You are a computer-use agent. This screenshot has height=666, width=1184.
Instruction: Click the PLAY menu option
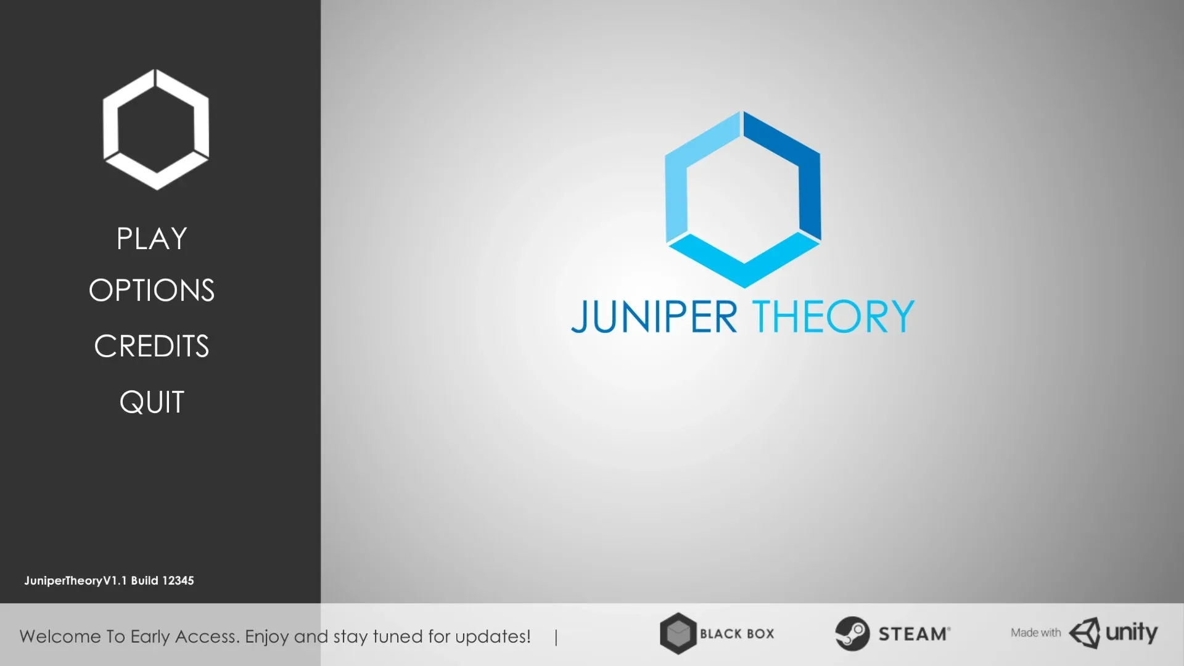[x=152, y=239]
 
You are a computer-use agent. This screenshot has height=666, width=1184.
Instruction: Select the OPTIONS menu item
[x=152, y=290]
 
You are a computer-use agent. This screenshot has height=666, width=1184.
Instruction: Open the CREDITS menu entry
[x=152, y=346]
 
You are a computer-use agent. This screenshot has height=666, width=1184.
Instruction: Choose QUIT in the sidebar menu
[x=152, y=402]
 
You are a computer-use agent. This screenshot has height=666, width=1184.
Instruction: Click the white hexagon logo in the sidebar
[x=156, y=129]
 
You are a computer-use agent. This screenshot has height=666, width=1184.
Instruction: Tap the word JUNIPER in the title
[x=654, y=317]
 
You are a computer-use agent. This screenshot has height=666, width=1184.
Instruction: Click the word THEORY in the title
[x=833, y=317]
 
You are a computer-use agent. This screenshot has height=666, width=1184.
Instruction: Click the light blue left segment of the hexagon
[x=684, y=179]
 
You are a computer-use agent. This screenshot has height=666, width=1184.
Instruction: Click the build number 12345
[x=178, y=581]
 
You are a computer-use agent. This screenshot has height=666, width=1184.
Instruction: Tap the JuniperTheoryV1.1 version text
[x=75, y=581]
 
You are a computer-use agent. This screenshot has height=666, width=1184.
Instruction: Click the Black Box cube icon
[x=678, y=633]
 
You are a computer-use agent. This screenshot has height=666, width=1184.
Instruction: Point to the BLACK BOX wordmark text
[x=737, y=634]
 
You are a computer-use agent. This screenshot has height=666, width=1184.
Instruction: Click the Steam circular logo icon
[x=852, y=633]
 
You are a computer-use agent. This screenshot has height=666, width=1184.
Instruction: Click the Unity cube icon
[x=1084, y=633]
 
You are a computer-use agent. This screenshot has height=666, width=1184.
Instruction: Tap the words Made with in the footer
[x=1035, y=633]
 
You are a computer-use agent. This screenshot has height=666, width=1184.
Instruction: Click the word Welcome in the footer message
[x=59, y=636]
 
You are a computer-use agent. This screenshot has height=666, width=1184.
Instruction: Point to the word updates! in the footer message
[x=493, y=636]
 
